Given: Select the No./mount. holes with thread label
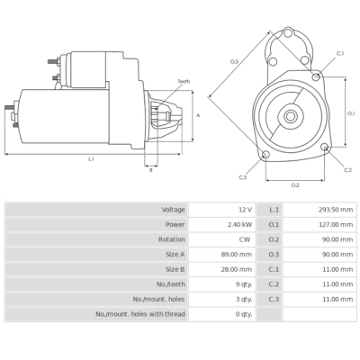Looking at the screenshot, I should click(x=140, y=314).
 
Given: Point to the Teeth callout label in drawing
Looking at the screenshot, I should click(x=184, y=81).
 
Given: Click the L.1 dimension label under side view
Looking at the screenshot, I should click(x=91, y=159).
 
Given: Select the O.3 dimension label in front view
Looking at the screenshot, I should click(x=234, y=61).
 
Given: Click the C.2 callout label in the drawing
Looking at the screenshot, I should click(x=348, y=169).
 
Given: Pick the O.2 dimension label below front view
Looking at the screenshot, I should click(x=295, y=184).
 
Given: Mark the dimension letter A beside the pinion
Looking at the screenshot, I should click(x=197, y=115).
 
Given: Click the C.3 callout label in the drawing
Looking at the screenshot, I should click(x=242, y=177).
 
